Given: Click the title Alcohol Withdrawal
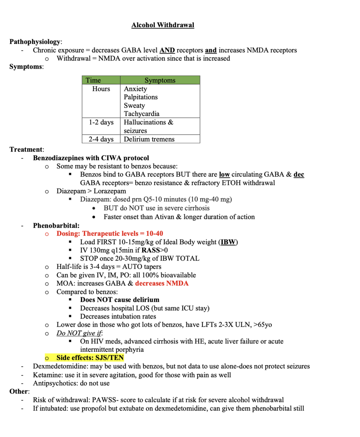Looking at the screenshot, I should click(x=163, y=25).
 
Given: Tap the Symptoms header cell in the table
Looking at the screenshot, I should click(x=160, y=80).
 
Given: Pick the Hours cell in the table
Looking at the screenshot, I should click(x=101, y=89).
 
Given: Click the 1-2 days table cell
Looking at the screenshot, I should click(x=101, y=122).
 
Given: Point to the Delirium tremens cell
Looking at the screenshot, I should click(x=149, y=139).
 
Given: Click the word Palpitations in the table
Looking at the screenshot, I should click(x=140, y=97).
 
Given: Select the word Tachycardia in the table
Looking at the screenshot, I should click(x=141, y=114).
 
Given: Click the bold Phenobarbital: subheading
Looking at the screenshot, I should click(x=56, y=225).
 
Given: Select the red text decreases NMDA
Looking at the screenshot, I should click(x=162, y=283).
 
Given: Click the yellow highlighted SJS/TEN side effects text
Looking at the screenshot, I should click(x=90, y=358).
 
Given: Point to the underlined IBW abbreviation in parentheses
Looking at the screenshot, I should click(x=228, y=242).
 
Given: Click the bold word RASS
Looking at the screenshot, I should click(x=145, y=250).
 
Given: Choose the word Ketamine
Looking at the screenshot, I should click(x=45, y=375).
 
